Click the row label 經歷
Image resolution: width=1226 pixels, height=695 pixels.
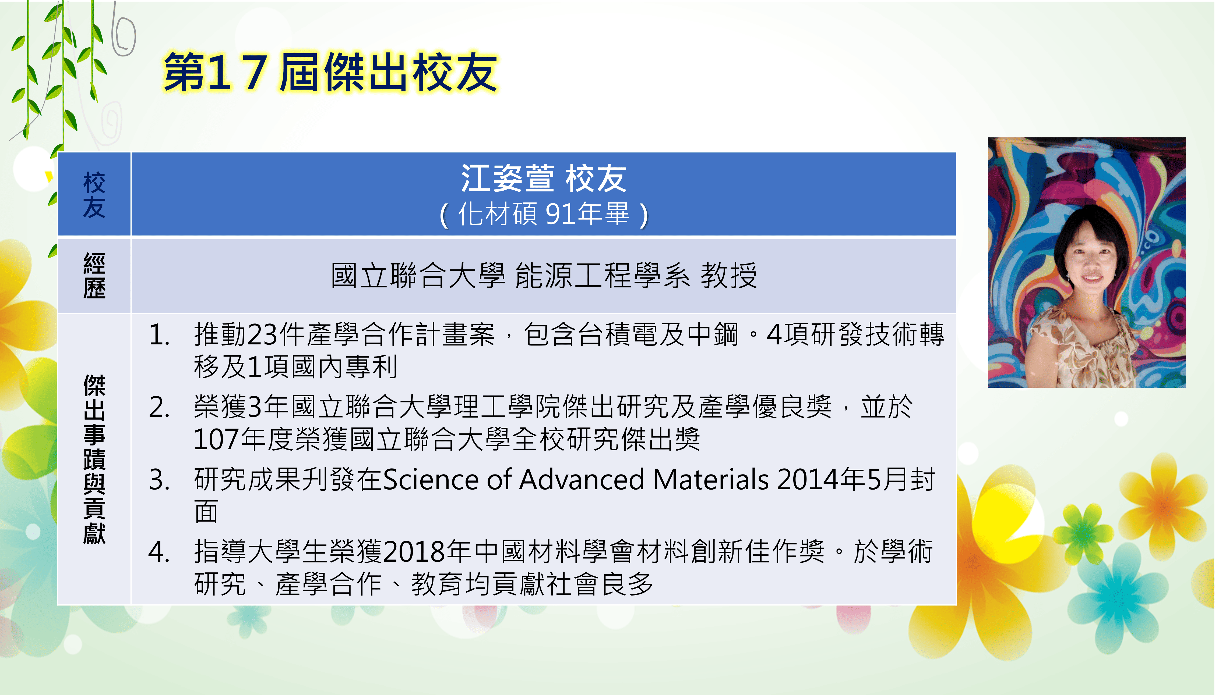click(94, 276)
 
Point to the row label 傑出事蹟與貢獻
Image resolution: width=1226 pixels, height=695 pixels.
click(94, 459)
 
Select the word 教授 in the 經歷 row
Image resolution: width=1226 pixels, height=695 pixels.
click(728, 276)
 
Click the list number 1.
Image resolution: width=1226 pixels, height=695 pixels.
click(159, 335)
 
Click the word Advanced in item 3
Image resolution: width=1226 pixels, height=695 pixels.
click(581, 479)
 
